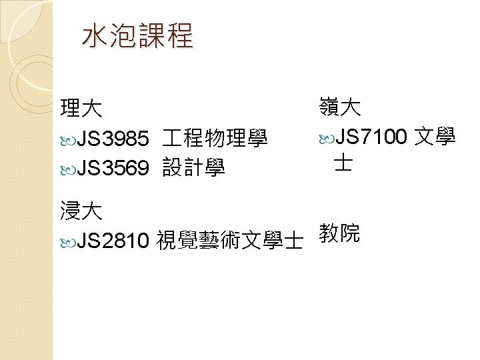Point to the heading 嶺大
[340, 107]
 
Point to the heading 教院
[340, 233]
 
